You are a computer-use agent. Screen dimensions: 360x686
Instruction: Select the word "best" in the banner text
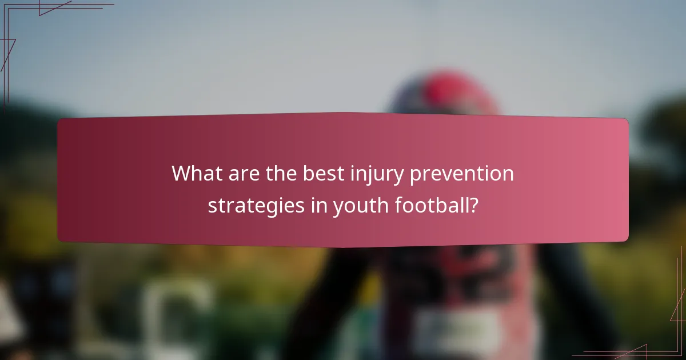point(321,173)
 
